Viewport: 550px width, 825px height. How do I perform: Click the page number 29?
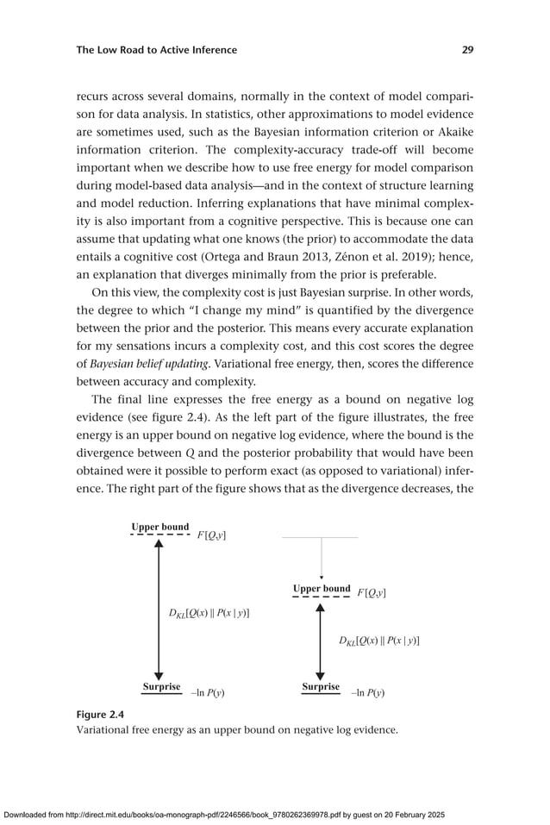point(466,50)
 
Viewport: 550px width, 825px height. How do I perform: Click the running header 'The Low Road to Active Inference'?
point(156,50)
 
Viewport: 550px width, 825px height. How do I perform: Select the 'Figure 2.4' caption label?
point(100,715)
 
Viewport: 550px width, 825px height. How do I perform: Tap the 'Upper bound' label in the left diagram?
point(160,527)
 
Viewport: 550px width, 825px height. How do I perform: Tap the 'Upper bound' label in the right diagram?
point(322,589)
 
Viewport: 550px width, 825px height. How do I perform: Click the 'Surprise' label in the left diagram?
point(161,687)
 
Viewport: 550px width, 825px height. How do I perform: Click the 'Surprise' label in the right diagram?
point(321,687)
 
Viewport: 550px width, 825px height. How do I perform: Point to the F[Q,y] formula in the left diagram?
point(211,535)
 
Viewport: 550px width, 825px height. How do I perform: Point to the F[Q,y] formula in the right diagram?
point(372,593)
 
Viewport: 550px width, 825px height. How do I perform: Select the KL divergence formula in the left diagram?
point(209,613)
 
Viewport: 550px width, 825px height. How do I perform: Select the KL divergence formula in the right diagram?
point(378,641)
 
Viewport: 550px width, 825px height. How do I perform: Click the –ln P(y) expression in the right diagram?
point(367,692)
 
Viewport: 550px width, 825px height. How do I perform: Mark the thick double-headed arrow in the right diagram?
point(320,641)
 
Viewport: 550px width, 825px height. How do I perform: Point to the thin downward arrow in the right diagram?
point(321,559)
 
